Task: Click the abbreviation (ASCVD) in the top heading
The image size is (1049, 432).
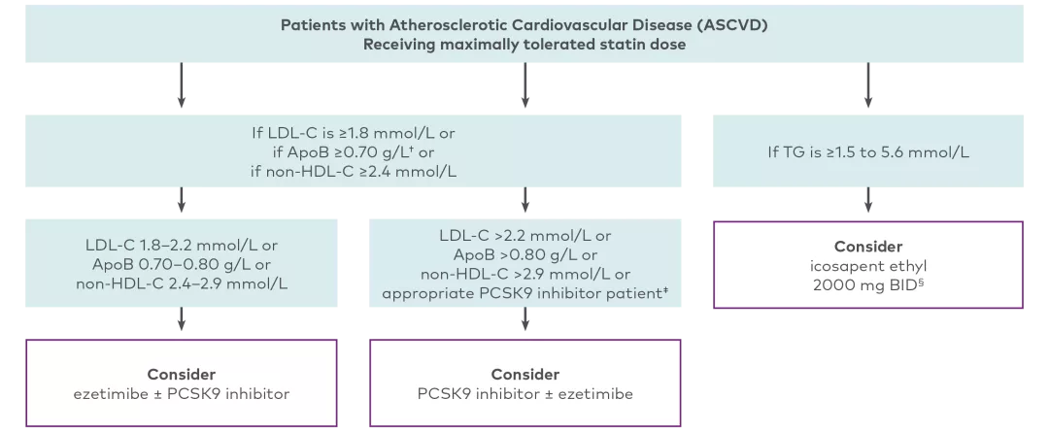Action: coord(732,24)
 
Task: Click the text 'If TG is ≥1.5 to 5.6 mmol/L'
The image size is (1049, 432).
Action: coord(867,152)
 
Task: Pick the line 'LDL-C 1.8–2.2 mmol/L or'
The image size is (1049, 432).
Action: coord(182,246)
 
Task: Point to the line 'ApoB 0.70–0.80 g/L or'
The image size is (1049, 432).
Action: coord(182,264)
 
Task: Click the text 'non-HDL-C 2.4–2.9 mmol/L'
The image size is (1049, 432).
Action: coord(182,282)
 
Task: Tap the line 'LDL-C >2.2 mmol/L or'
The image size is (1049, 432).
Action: coord(525,236)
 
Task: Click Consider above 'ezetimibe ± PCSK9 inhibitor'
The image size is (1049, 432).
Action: coord(182,375)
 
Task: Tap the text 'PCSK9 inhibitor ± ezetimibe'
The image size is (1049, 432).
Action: coord(525,393)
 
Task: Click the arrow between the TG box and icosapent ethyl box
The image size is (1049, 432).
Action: coord(868,199)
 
